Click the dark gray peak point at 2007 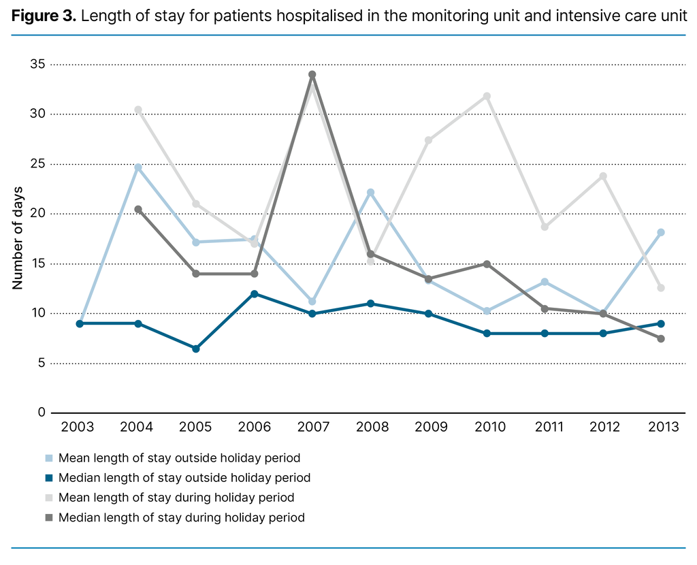pos(312,75)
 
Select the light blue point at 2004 pos(138,167)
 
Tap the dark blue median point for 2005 pos(196,349)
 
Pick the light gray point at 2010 pos(487,96)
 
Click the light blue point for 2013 pos(661,232)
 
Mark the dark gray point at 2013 pos(661,338)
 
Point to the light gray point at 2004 pos(138,110)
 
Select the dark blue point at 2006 pos(254,294)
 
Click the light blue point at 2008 pos(370,193)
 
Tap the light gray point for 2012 pos(603,176)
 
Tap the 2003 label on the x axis pos(78,427)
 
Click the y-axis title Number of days pos(18,238)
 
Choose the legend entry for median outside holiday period pos(184,478)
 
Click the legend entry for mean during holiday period pos(176,498)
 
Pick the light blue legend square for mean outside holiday pos(49,458)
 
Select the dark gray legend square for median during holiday pos(49,518)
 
